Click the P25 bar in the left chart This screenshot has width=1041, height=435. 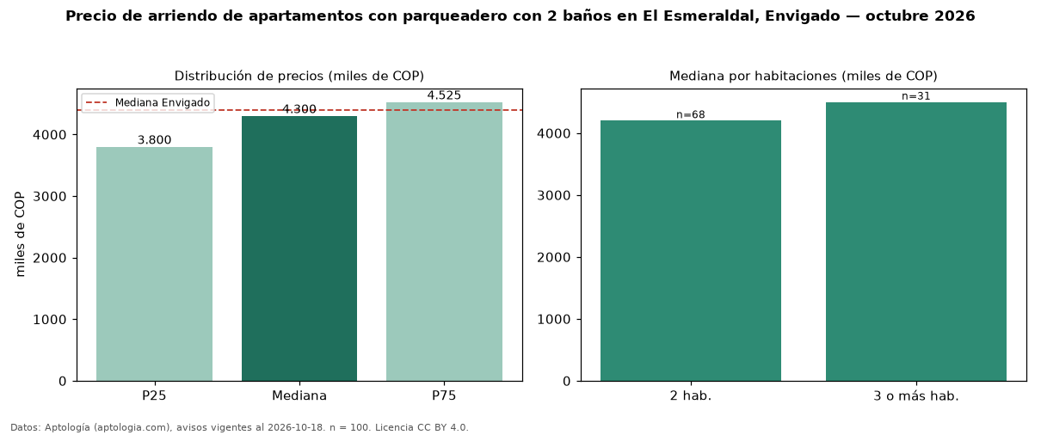point(154,264)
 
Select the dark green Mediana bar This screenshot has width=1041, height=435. point(299,248)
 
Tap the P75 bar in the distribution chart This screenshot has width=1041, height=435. point(444,242)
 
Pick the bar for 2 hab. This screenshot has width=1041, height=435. point(691,251)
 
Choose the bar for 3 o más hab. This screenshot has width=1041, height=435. point(916,242)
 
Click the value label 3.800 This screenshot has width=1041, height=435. point(154,140)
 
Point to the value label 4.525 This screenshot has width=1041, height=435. point(444,95)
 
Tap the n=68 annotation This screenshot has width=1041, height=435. point(691,114)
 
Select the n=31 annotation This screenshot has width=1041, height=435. point(916,96)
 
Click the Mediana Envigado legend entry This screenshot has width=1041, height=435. point(148,102)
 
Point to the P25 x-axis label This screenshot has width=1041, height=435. point(154,395)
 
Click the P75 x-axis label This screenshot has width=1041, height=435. point(444,395)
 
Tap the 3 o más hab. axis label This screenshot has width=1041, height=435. point(916,396)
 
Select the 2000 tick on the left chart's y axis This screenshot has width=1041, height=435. point(50,258)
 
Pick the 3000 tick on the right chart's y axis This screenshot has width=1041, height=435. point(553,195)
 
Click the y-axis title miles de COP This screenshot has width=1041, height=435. point(20,235)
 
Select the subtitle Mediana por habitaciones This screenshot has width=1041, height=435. point(754,76)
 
